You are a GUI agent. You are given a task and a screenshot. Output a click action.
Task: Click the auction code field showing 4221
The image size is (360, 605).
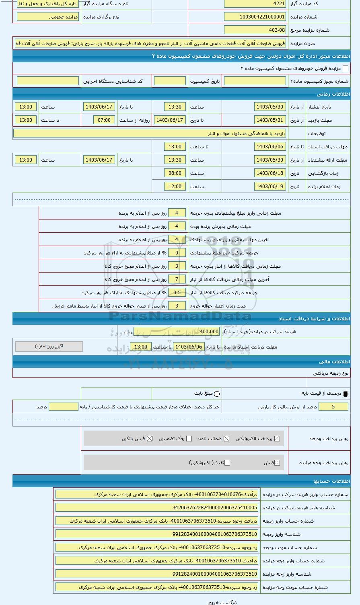(255, 4)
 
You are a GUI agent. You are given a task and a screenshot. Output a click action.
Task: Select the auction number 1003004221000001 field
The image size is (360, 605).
(255, 17)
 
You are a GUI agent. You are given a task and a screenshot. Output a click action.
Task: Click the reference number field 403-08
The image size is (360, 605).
(255, 30)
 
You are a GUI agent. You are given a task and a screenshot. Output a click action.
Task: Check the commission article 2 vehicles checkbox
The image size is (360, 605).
(345, 69)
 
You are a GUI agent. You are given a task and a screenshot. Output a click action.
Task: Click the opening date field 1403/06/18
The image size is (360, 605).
(270, 173)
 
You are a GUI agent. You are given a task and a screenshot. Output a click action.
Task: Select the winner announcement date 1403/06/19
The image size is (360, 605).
(270, 187)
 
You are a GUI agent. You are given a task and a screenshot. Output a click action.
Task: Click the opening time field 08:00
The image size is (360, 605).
(175, 173)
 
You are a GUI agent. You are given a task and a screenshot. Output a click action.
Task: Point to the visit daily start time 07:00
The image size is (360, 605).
(104, 120)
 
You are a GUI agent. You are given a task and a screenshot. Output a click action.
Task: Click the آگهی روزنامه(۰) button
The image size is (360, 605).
(49, 346)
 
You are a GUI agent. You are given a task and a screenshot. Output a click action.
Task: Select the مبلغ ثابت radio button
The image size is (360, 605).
(217, 394)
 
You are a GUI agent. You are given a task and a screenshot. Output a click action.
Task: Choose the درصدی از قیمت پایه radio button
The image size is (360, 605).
(346, 394)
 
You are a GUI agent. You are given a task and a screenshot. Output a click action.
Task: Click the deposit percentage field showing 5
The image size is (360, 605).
(333, 407)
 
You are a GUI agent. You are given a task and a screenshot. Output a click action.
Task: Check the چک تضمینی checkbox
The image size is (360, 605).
(189, 439)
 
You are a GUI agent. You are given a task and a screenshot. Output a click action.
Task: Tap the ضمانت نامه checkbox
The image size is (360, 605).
(226, 439)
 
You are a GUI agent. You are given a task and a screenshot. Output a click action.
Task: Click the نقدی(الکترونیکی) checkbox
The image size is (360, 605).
(227, 463)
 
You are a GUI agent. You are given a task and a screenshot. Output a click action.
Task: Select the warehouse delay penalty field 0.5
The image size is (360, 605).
(177, 293)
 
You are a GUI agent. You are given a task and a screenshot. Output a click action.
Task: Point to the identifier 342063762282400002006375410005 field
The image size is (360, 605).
(157, 508)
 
